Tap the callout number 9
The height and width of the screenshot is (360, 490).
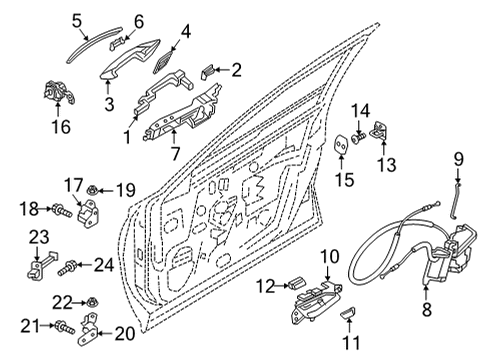pyautogui.click(x=460, y=157)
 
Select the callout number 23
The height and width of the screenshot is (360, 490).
pyautogui.click(x=37, y=236)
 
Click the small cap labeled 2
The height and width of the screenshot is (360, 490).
pyautogui.click(x=207, y=69)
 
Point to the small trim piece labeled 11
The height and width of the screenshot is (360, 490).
pyautogui.click(x=349, y=318)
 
